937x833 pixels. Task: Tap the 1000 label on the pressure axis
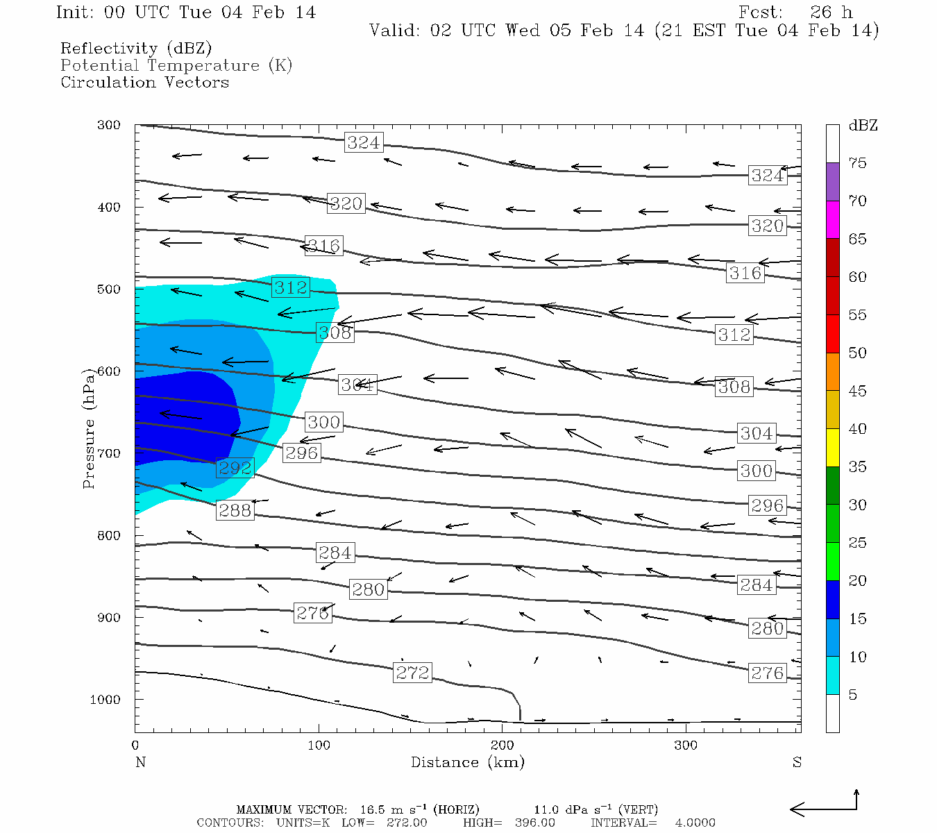click(x=105, y=700)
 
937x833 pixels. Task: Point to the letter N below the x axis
click(x=140, y=762)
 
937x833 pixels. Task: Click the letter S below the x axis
click(x=797, y=762)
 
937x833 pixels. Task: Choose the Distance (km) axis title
click(x=467, y=762)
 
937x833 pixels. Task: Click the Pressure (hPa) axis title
click(x=88, y=428)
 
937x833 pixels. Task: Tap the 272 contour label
click(x=412, y=673)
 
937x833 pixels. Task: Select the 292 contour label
click(x=235, y=468)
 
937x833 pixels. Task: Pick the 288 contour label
click(x=235, y=510)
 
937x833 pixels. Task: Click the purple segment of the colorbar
click(x=832, y=182)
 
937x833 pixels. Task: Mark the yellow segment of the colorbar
click(x=832, y=448)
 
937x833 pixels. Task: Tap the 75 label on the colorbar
click(x=857, y=163)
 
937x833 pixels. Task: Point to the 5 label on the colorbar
click(x=853, y=695)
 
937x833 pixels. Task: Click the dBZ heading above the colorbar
click(x=863, y=126)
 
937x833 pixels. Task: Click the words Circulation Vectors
click(x=144, y=82)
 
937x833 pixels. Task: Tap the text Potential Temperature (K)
click(x=176, y=65)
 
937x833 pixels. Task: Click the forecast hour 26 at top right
click(x=820, y=12)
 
